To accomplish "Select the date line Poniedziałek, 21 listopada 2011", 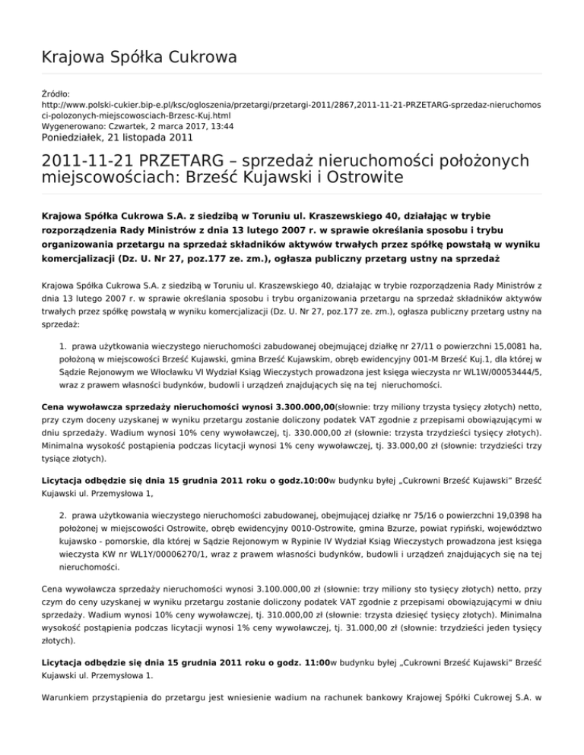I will (x=117, y=138).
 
